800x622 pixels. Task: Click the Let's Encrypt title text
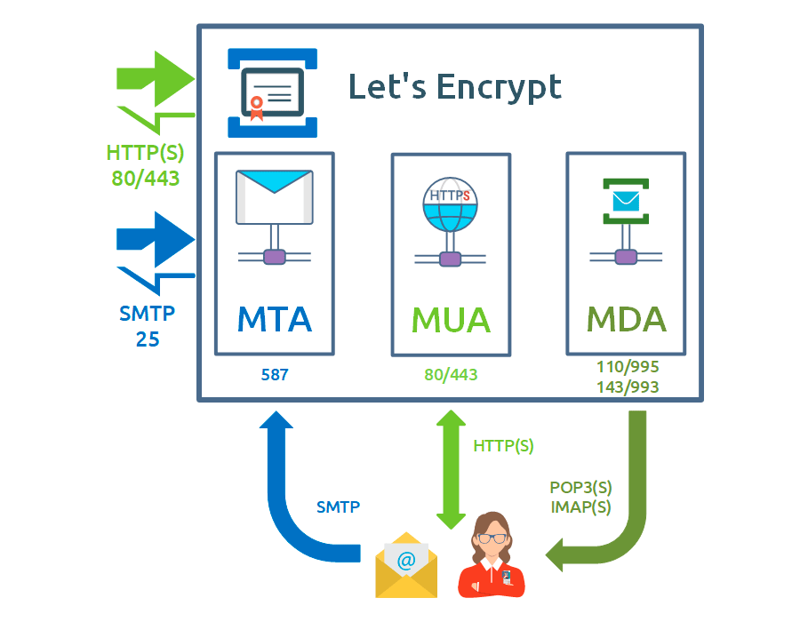(454, 87)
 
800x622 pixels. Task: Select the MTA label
(275, 318)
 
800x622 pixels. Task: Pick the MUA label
(451, 319)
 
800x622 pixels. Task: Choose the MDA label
(626, 318)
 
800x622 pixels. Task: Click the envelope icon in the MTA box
(275, 196)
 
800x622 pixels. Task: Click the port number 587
(275, 375)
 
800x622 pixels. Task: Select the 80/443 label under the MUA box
(451, 375)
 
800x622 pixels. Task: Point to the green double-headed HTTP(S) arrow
(451, 466)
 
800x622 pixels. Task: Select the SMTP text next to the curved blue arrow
(338, 508)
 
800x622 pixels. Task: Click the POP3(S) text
(581, 489)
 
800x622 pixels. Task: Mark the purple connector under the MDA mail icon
(626, 257)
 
